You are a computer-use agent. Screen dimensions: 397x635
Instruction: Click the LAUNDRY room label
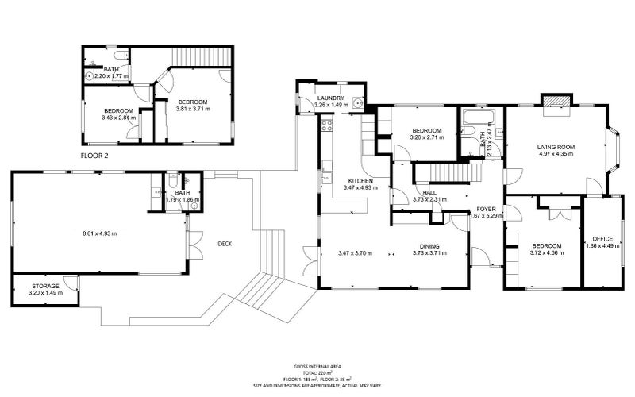coord(329,98)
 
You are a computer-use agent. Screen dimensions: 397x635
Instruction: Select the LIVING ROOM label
coord(556,147)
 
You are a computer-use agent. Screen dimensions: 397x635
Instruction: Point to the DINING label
coord(429,246)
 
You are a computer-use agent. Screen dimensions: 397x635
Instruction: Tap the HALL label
coord(429,192)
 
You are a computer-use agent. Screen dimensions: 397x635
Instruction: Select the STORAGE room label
coord(45,285)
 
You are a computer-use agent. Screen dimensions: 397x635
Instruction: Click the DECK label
coord(225,244)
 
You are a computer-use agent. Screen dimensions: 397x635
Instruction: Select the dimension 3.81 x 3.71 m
coord(192,110)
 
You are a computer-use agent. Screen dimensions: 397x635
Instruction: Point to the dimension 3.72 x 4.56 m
coord(547,253)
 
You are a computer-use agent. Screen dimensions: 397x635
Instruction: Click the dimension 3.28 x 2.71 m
coord(426,137)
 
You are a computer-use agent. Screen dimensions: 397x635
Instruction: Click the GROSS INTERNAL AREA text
coord(317,367)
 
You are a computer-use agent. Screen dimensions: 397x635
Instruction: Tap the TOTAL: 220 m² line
coord(317,372)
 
